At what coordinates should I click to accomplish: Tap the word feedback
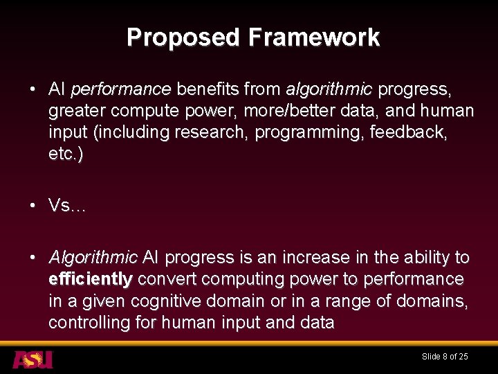click(x=416, y=132)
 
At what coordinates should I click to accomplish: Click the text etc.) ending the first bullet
click(x=66, y=154)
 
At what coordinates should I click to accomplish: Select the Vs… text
click(x=67, y=206)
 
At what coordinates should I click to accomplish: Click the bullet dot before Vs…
click(x=33, y=206)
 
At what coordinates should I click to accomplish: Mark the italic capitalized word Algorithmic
click(x=93, y=258)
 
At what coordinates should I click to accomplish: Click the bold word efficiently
click(x=91, y=279)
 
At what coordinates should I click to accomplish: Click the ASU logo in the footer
click(x=33, y=359)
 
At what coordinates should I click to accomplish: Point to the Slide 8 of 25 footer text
click(x=445, y=357)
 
